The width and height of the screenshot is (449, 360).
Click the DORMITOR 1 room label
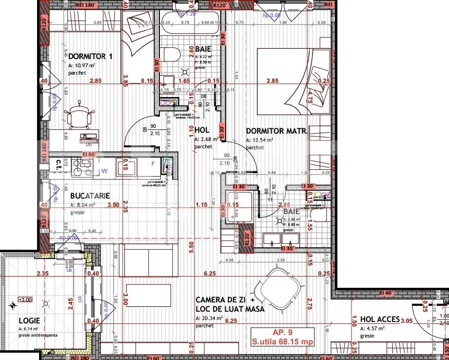pos(91,57)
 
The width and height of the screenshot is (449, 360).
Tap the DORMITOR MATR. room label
pos(276,131)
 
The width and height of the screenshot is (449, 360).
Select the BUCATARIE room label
pos(90,195)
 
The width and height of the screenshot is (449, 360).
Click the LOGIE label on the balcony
pos(29,320)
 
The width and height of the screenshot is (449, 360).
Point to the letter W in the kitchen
pos(104,171)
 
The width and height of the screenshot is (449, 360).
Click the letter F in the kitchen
pos(153,164)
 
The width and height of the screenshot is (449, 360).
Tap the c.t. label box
pos(58,163)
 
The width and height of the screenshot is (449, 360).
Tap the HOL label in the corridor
pos(202,131)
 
